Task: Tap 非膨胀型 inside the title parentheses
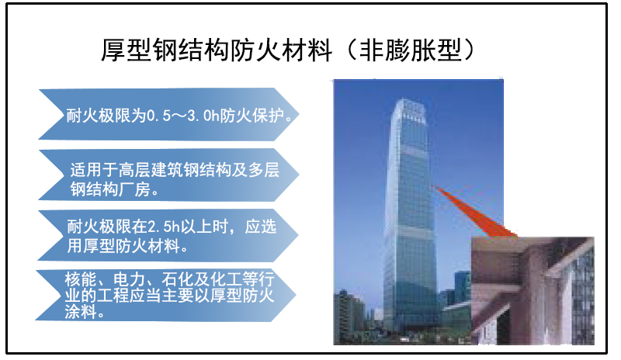click(x=411, y=50)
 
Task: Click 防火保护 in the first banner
click(x=252, y=116)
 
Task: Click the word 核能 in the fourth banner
click(x=81, y=279)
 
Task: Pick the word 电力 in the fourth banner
click(x=129, y=279)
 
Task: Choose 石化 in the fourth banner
click(x=178, y=279)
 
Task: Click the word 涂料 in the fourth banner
click(x=81, y=312)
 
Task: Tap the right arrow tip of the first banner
click(x=298, y=115)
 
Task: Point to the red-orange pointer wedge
click(x=477, y=212)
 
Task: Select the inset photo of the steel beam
click(x=533, y=290)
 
